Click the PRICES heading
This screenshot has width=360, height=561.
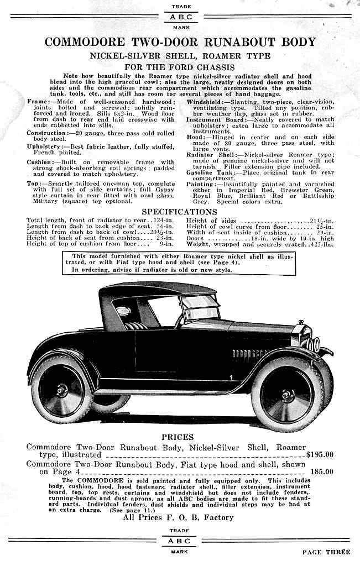click(178, 437)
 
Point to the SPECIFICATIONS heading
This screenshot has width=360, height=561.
click(180, 212)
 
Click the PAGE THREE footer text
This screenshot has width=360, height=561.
click(326, 552)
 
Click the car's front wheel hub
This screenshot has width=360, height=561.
click(286, 395)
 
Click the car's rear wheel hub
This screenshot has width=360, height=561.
click(61, 390)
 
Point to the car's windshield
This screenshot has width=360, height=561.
click(201, 306)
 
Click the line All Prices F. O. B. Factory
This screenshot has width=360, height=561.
click(178, 517)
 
